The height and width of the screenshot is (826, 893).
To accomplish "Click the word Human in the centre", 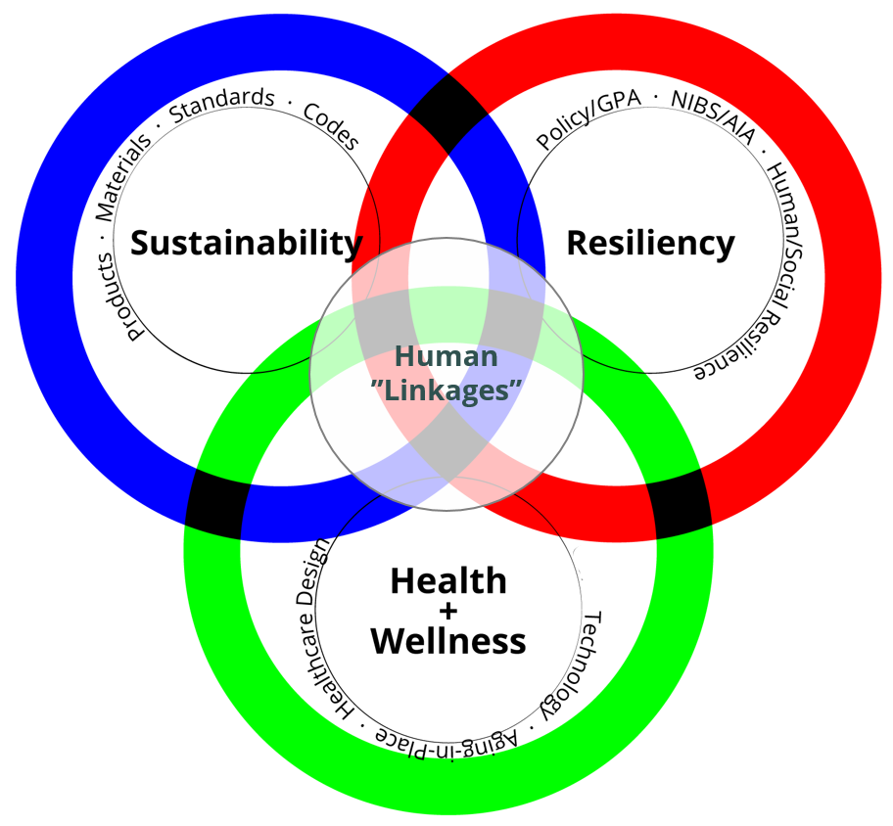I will tap(446, 356).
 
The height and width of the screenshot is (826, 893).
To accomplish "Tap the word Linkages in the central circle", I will tap(451, 390).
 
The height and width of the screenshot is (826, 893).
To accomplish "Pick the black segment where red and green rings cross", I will tap(682, 505).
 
